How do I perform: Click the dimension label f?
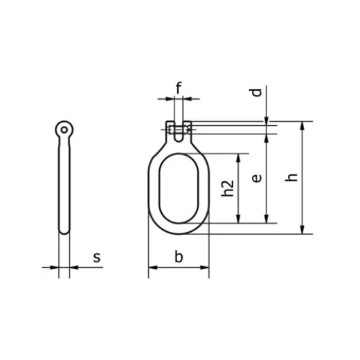[179, 88]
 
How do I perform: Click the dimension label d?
[257, 92]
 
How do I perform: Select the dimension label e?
[257, 178]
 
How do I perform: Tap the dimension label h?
[293, 177]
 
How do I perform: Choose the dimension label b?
[179, 258]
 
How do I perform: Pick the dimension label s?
[97, 258]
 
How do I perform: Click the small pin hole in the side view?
[64, 129]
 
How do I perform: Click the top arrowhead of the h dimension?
[303, 127]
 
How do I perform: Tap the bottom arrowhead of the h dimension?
[303, 230]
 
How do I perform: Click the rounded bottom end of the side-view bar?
[64, 231]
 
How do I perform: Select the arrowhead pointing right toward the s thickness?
[55, 267]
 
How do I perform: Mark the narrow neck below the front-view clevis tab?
[178, 141]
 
